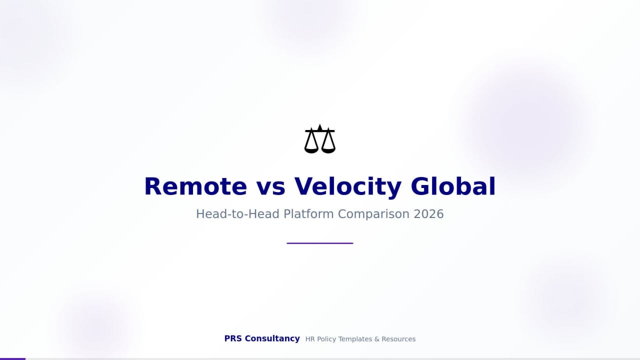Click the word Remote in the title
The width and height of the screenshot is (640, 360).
[x=195, y=186]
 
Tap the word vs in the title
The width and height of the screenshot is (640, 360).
[x=270, y=186]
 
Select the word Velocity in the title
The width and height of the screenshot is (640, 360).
[x=347, y=186]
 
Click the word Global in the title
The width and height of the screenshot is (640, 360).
[x=453, y=186]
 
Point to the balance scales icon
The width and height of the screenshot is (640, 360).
[x=320, y=139]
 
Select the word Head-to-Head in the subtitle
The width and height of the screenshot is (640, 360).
[x=237, y=214]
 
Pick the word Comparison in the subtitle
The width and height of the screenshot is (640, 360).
[x=374, y=214]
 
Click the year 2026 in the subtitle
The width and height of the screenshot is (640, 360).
[x=429, y=214]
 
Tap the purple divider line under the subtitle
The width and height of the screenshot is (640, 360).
[x=320, y=243]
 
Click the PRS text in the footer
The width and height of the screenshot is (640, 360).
[x=233, y=338]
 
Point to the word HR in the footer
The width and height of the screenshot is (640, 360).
[x=310, y=339]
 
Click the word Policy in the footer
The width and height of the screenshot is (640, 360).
[x=326, y=339]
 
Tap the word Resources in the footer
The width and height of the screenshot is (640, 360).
[x=398, y=339]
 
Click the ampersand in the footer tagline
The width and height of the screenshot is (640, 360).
[x=377, y=339]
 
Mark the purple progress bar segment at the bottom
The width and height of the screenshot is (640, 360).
[x=12, y=358]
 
